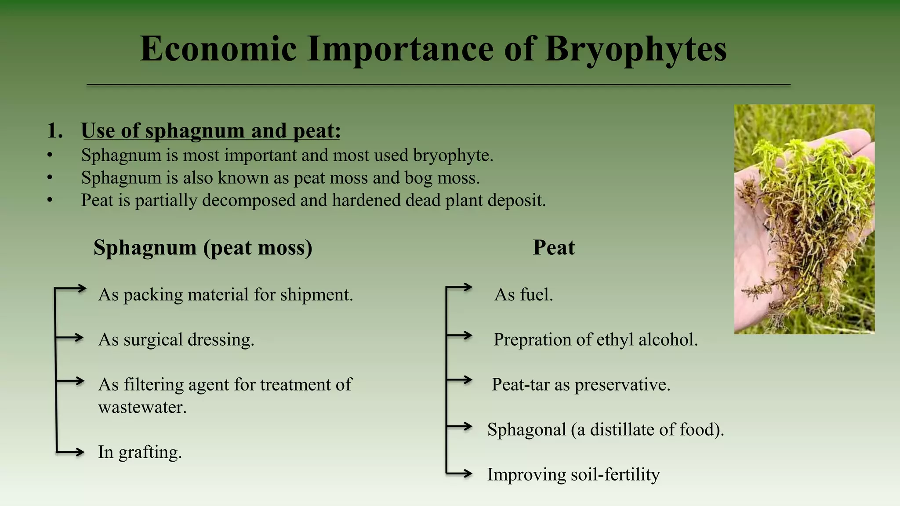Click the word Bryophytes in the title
(x=635, y=49)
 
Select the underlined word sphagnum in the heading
(x=194, y=131)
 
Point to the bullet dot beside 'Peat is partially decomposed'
(x=50, y=200)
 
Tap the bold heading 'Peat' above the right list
(x=553, y=247)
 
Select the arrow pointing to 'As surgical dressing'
(x=72, y=337)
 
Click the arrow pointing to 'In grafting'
(x=73, y=452)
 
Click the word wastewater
(x=142, y=407)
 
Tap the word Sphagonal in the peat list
(x=526, y=430)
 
